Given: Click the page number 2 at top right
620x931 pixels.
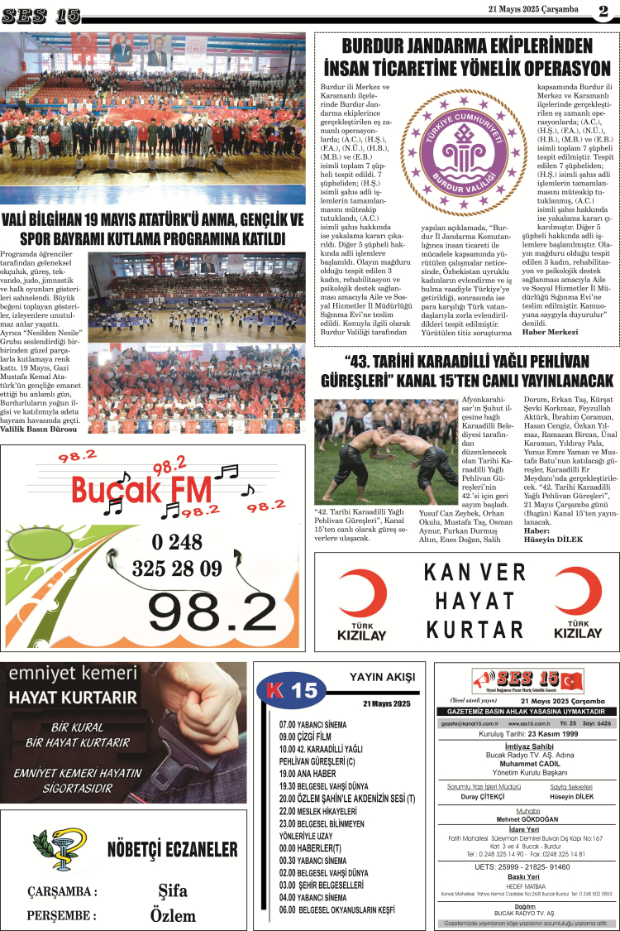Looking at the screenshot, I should (x=603, y=12).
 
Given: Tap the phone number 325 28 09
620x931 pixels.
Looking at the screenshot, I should (x=177, y=569).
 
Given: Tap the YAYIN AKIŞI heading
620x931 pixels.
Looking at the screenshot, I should (x=382, y=677).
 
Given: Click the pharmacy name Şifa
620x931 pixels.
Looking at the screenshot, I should (x=173, y=891).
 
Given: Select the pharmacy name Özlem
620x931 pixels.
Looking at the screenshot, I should (x=174, y=915).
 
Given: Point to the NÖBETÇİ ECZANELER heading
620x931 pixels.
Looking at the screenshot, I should (x=172, y=850).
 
